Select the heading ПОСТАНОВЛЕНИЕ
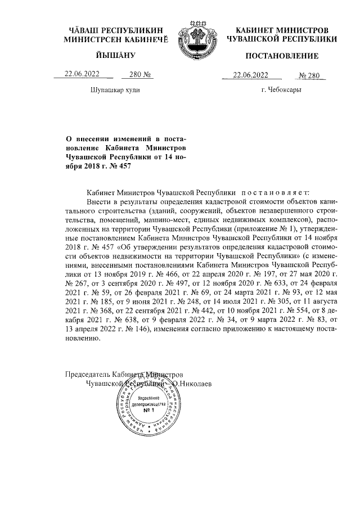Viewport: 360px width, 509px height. coord(282,56)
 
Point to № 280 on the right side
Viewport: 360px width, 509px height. coord(310,75)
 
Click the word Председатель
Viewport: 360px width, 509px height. coord(87,374)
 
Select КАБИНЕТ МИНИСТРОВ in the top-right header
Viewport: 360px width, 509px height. coord(282,29)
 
